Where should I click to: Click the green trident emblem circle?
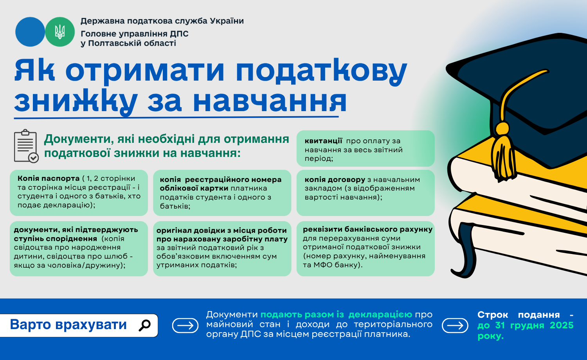tap(60, 32)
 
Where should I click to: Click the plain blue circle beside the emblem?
tap(30, 32)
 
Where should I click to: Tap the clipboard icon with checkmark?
tap(26, 146)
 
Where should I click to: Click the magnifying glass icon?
tap(144, 325)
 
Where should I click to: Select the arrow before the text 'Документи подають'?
tap(185, 326)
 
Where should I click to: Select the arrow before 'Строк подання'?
tap(455, 326)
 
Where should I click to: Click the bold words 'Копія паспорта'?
tap(49, 178)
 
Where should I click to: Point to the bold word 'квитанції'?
tap(323, 141)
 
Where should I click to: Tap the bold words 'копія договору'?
tap(335, 180)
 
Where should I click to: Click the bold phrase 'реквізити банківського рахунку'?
tap(368, 229)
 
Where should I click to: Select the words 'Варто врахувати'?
tap(68, 325)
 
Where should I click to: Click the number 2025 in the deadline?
tap(562, 325)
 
